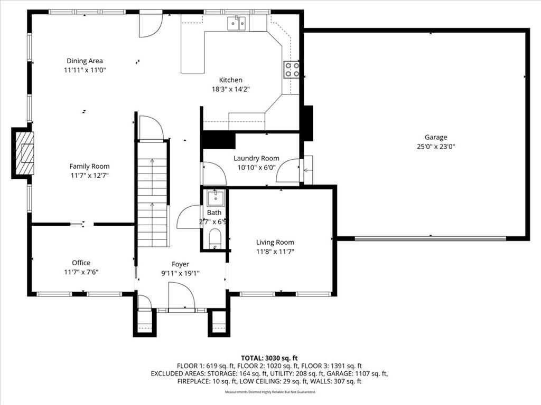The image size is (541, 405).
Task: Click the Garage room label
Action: [x=436, y=137]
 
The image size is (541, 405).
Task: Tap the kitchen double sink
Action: [x=237, y=23]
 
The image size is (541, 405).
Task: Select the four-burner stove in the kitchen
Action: [x=292, y=69]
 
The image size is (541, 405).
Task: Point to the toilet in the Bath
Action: [x=215, y=238]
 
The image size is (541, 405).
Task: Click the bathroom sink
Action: [x=216, y=197]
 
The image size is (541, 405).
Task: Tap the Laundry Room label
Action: [x=256, y=158]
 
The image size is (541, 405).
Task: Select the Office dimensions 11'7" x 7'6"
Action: [x=81, y=272]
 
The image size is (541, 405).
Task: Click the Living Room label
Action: [x=275, y=243]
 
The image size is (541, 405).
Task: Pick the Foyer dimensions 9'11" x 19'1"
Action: [x=181, y=274]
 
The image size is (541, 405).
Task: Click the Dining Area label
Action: [x=85, y=61]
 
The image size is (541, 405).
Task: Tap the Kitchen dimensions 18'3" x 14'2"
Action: [x=230, y=89]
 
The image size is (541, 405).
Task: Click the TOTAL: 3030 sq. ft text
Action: [x=269, y=358]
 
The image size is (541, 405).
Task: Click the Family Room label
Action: [x=89, y=166]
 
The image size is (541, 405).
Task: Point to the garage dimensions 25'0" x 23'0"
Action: [x=436, y=147]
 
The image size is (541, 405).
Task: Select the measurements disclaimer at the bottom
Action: [x=270, y=392]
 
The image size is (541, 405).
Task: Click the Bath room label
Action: [x=214, y=213]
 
